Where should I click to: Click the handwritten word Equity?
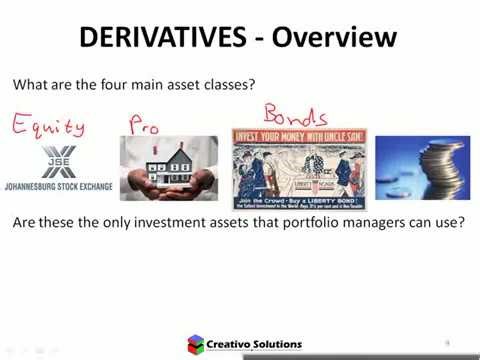click(x=48, y=126)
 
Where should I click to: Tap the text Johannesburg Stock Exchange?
click(x=58, y=186)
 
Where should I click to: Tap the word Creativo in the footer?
click(x=236, y=344)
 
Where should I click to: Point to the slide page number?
click(x=447, y=342)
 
